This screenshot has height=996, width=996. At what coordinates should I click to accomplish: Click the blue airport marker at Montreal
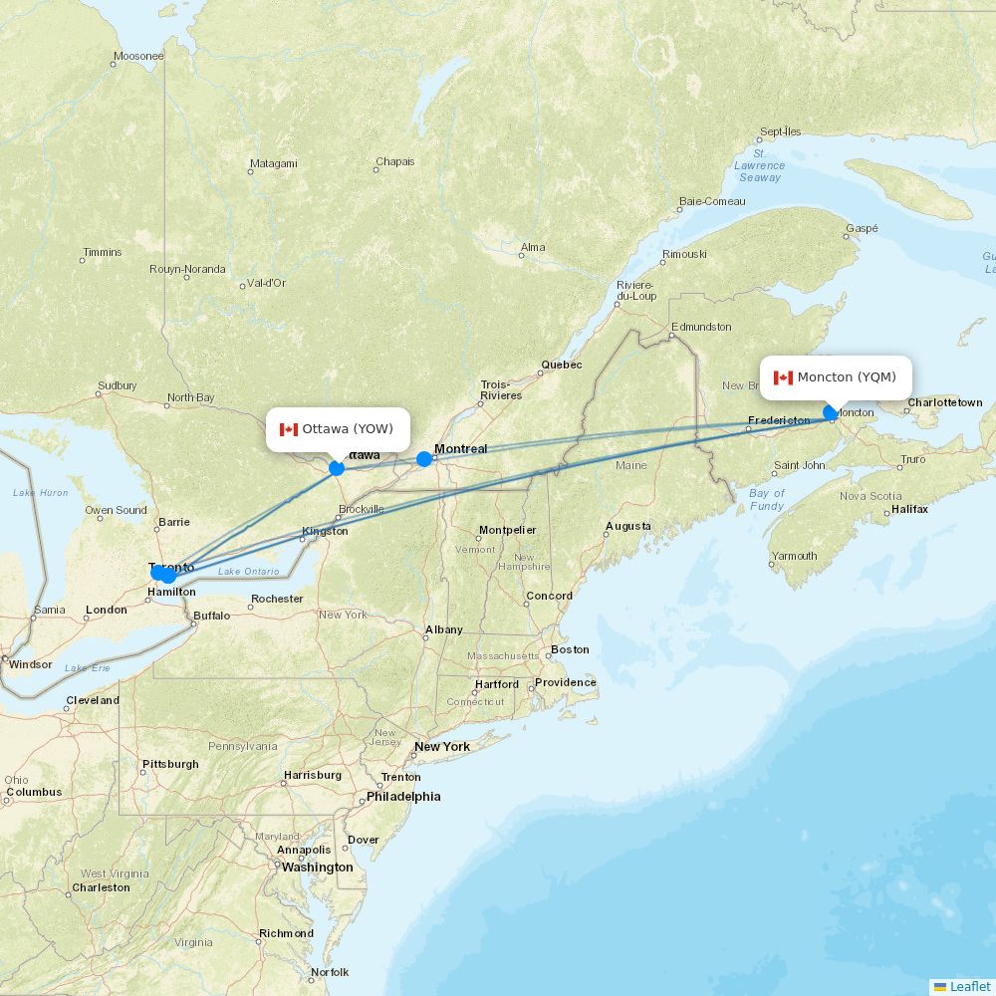[424, 459]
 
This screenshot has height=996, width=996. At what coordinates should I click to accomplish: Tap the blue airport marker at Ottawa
[337, 467]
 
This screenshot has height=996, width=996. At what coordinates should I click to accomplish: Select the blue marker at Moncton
[831, 412]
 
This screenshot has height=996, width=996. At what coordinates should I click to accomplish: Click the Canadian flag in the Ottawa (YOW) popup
[289, 429]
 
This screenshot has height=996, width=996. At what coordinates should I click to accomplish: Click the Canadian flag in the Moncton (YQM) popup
[783, 377]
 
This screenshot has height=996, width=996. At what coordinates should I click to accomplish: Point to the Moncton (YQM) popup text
[847, 377]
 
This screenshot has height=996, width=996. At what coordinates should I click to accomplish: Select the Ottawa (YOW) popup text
[348, 429]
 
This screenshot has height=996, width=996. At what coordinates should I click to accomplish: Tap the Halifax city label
[909, 509]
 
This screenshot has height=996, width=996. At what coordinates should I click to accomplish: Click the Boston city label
[570, 649]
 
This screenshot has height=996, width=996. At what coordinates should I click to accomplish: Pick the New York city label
[442, 746]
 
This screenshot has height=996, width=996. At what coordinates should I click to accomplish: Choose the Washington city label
[317, 868]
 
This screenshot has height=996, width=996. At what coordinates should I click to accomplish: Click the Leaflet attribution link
[970, 986]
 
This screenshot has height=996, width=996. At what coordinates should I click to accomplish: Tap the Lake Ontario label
[248, 571]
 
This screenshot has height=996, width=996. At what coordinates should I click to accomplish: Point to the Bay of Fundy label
[766, 500]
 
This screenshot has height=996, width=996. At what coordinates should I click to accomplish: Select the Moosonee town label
[138, 56]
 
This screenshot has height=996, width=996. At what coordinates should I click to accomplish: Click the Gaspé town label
[862, 228]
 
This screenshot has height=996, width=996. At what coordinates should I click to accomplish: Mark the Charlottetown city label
[944, 402]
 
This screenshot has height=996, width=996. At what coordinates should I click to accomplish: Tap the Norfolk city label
[330, 972]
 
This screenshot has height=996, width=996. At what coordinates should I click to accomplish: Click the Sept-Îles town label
[780, 131]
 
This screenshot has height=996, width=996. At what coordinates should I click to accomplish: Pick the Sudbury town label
[117, 386]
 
